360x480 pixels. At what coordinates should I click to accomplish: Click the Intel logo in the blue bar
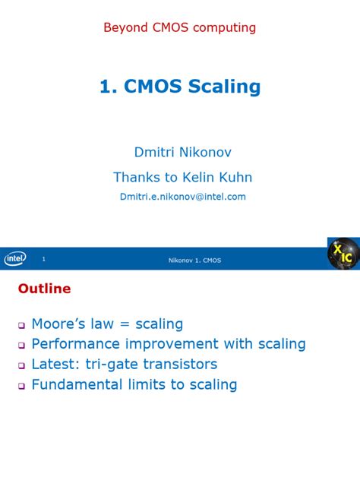(15, 259)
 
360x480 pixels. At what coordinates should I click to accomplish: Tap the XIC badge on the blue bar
(343, 254)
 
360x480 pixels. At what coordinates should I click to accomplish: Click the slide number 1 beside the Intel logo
(44, 260)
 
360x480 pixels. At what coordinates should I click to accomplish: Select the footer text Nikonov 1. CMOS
(194, 261)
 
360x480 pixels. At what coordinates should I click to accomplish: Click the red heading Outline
(44, 289)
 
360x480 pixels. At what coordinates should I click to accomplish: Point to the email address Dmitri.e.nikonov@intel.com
(182, 196)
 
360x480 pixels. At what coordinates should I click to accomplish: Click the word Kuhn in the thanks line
(235, 177)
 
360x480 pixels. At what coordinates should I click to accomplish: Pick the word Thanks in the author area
(134, 177)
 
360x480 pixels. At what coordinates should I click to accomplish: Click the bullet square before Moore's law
(22, 325)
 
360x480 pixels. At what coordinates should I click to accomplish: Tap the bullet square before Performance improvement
(22, 346)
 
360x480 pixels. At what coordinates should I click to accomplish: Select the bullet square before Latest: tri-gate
(22, 365)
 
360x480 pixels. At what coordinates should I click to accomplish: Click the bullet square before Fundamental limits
(22, 386)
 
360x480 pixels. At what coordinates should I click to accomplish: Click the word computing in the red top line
(225, 28)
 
